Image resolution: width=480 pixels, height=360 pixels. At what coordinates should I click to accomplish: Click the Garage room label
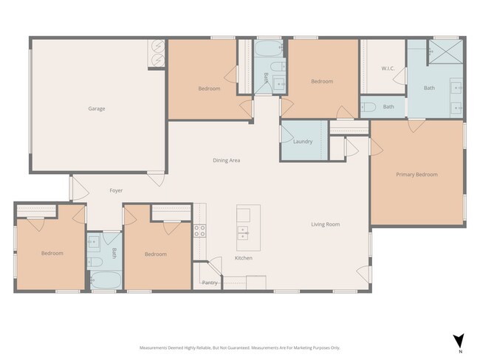pyautogui.click(x=97, y=108)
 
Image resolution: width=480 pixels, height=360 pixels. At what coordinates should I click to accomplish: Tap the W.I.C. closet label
pyautogui.click(x=388, y=69)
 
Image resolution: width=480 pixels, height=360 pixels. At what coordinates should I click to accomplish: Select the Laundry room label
pyautogui.click(x=303, y=142)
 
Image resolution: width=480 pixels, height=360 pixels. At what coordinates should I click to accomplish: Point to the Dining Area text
pyautogui.click(x=226, y=160)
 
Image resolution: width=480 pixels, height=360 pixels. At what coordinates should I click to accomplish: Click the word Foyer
pyautogui.click(x=116, y=190)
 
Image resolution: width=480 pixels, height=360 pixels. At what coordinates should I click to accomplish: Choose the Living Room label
pyautogui.click(x=325, y=224)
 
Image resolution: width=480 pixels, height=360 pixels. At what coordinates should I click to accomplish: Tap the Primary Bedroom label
pyautogui.click(x=416, y=175)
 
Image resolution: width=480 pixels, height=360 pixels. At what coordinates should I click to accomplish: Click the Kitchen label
pyautogui.click(x=244, y=258)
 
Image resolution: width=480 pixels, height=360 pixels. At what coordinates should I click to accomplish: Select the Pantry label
pyautogui.click(x=210, y=283)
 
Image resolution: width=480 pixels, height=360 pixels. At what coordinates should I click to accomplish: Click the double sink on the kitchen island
pyautogui.click(x=243, y=234)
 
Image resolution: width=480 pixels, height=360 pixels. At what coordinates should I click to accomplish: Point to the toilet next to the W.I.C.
pyautogui.click(x=369, y=107)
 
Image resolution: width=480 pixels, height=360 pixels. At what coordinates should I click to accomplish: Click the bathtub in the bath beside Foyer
pyautogui.click(x=103, y=280)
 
